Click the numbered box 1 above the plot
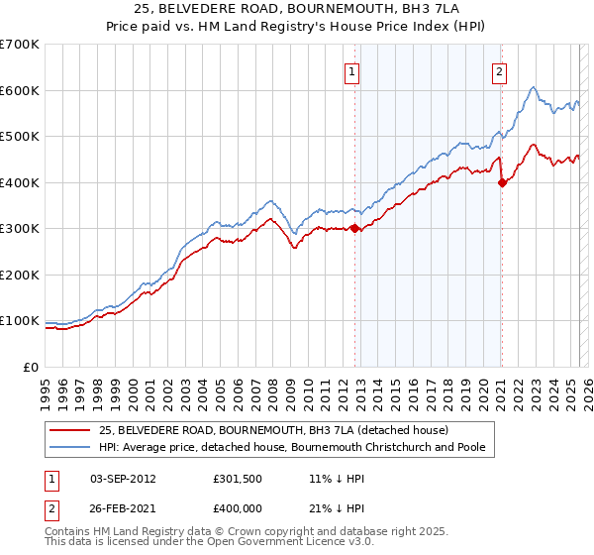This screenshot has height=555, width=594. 353,71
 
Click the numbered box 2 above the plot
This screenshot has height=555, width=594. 500,71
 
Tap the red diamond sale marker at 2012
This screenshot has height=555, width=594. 354,228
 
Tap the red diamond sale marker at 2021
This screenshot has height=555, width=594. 502,182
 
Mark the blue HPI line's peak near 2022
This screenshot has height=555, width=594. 533,87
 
